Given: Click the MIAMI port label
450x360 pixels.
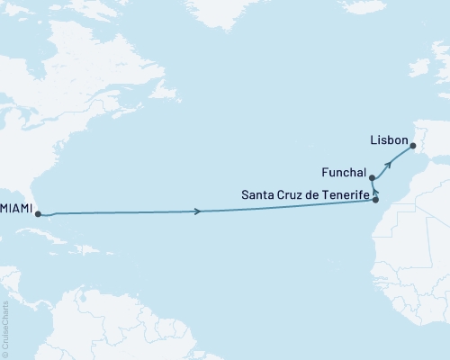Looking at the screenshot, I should (x=17, y=208).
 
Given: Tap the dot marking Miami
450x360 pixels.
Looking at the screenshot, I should (x=39, y=213).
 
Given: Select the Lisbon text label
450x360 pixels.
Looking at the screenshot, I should (x=388, y=141).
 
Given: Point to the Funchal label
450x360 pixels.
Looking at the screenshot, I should (x=342, y=172).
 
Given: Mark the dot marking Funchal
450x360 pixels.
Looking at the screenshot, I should (x=371, y=178).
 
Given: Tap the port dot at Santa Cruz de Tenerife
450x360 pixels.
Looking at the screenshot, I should (x=376, y=200).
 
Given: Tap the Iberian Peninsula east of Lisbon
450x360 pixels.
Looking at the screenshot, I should (x=432, y=135).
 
